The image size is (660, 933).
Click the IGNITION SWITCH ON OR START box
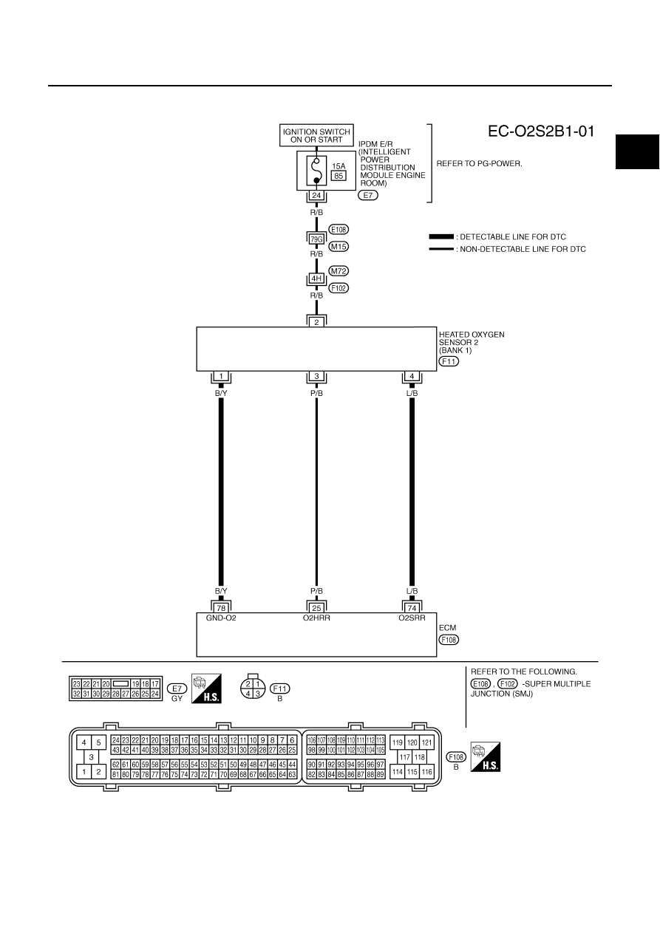(x=316, y=135)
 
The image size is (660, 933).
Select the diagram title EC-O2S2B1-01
(x=541, y=131)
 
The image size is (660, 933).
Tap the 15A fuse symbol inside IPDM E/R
(x=316, y=171)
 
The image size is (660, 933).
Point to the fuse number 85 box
(x=338, y=176)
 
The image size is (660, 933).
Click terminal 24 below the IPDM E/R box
(x=316, y=195)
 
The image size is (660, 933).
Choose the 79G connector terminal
(x=316, y=239)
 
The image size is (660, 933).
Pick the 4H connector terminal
(x=316, y=278)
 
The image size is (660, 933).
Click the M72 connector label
(x=338, y=270)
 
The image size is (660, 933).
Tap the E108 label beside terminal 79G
(x=338, y=230)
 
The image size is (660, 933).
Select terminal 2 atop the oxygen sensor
(x=316, y=322)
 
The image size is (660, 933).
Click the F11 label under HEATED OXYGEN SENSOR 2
(x=449, y=361)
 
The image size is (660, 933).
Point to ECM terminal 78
(x=221, y=608)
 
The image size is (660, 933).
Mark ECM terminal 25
(x=316, y=608)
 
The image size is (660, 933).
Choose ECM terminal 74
(x=412, y=608)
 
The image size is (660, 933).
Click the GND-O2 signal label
(x=221, y=618)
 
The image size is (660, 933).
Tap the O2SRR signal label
(x=412, y=618)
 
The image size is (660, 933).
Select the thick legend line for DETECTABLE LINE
(x=441, y=236)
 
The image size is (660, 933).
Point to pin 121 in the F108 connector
(x=426, y=742)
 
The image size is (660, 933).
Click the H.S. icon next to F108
(x=486, y=756)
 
